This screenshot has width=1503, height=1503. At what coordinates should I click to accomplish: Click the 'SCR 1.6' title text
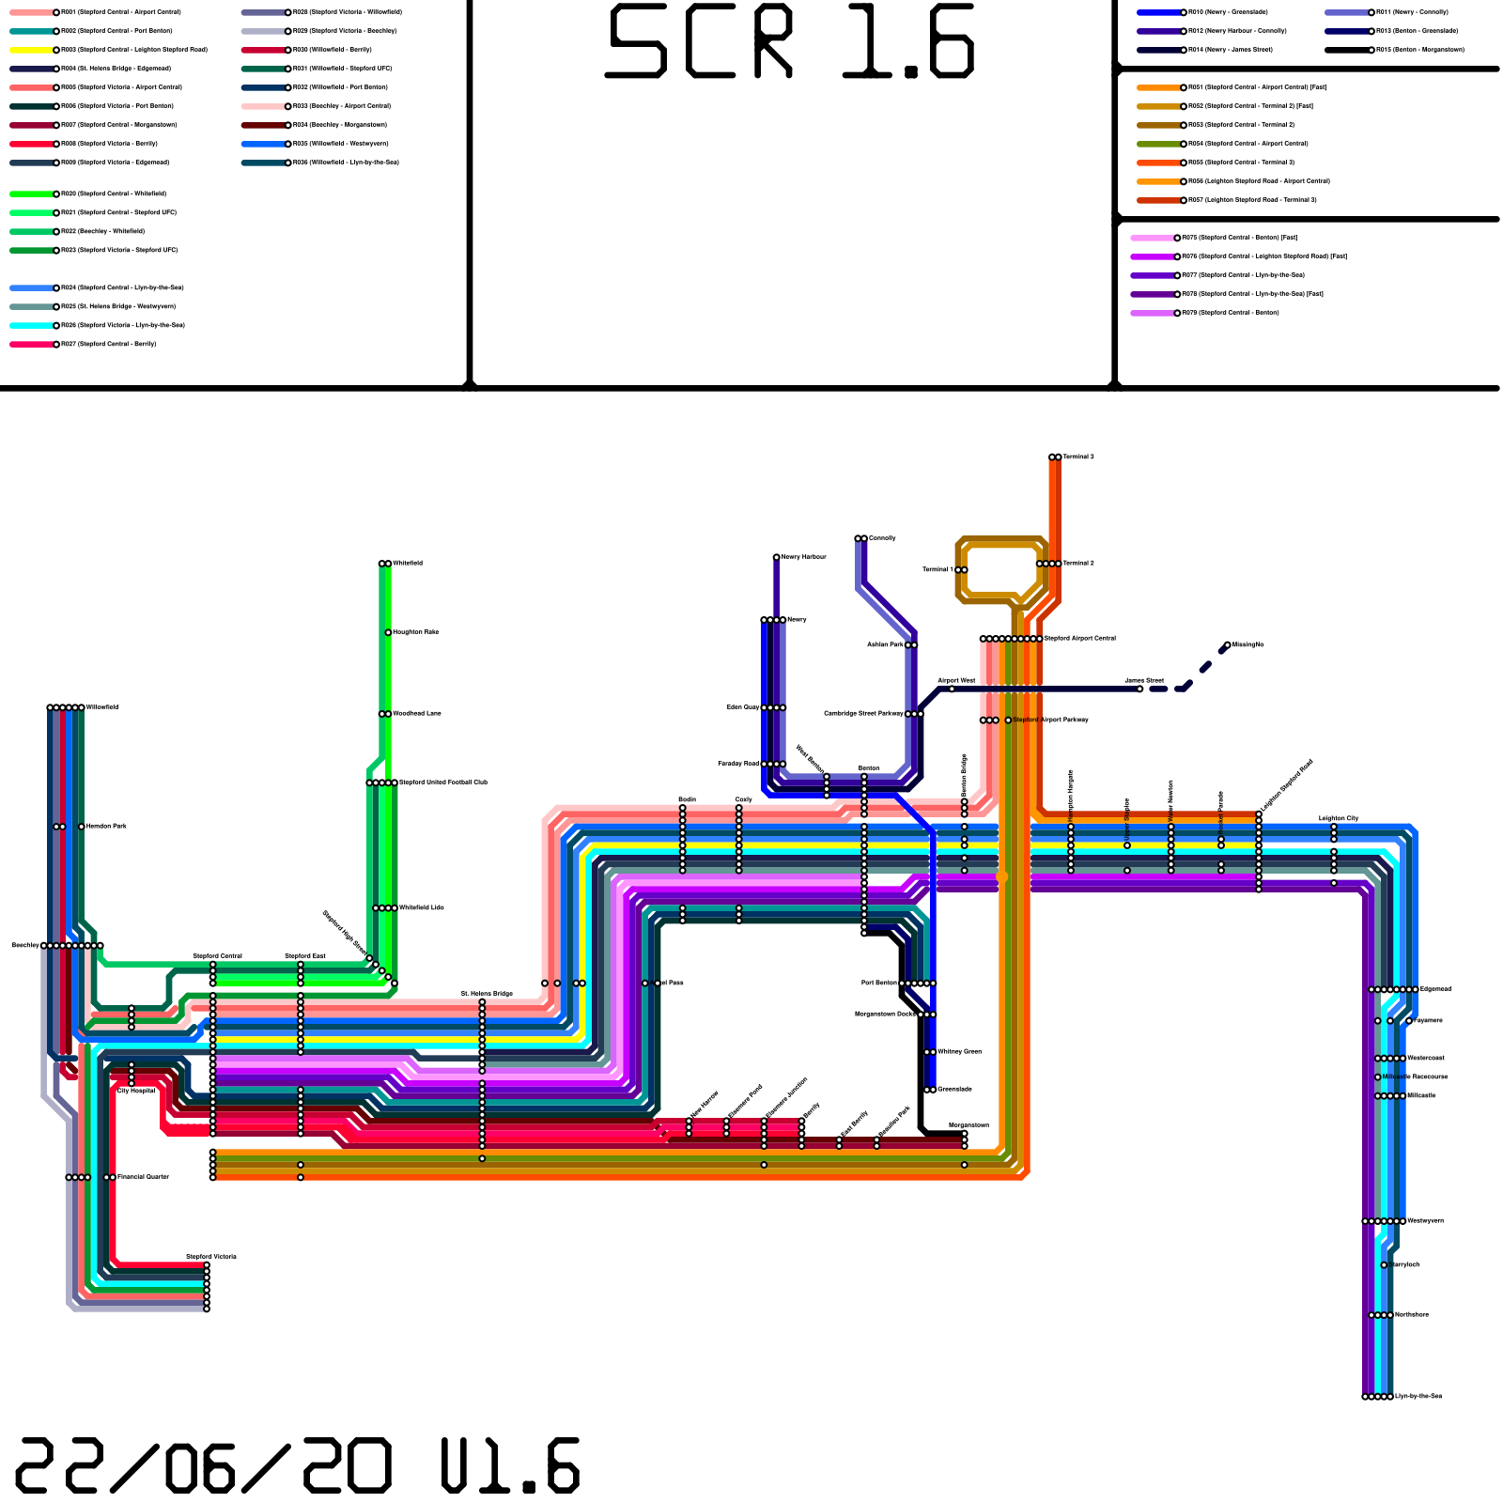[792, 42]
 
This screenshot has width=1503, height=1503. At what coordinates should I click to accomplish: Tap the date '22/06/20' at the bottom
[202, 1466]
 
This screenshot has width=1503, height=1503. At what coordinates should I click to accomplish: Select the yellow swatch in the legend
[31, 50]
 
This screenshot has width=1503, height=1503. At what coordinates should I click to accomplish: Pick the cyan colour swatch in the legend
[31, 325]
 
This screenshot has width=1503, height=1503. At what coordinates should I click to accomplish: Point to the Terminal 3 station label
[1078, 457]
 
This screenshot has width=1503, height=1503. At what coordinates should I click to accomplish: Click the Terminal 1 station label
[937, 570]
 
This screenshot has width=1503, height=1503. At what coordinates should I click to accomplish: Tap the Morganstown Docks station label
[884, 1015]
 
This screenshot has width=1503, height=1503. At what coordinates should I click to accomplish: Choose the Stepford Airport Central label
[1080, 639]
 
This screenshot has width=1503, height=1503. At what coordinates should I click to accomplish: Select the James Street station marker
[1139, 689]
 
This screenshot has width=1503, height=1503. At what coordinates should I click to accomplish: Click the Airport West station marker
[952, 689]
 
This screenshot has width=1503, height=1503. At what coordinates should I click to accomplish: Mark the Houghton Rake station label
[415, 632]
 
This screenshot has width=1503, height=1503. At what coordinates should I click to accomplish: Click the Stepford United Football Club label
[443, 782]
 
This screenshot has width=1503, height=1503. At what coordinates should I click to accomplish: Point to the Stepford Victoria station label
[211, 1257]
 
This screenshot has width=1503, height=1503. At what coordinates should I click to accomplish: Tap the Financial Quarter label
[143, 1177]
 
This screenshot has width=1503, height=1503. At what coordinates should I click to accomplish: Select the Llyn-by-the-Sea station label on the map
[1418, 1397]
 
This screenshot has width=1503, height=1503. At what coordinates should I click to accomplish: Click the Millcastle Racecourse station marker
[1378, 1077]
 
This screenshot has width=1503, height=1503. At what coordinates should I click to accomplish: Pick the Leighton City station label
[1339, 818]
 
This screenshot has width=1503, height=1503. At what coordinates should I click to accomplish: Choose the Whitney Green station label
[959, 1052]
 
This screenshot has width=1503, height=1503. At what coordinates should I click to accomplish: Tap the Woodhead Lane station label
[416, 714]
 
